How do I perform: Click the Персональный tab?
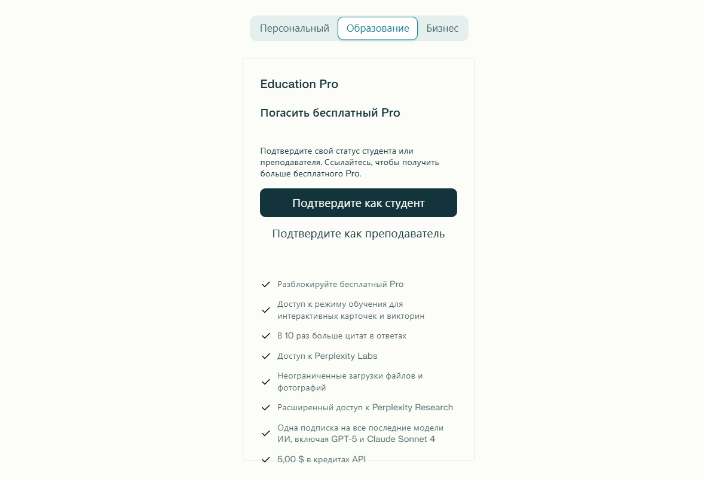click(294, 29)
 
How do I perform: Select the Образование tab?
click(378, 29)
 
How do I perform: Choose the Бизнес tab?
click(442, 29)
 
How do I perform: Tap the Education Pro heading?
click(299, 84)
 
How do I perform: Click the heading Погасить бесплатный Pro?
click(330, 113)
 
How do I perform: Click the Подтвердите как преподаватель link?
click(359, 234)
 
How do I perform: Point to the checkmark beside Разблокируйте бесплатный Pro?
click(266, 285)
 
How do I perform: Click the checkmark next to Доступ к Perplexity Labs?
click(266, 356)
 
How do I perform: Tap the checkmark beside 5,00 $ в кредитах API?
click(266, 460)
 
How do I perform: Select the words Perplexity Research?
click(412, 408)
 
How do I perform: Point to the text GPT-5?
click(338, 440)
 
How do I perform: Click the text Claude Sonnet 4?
click(401, 440)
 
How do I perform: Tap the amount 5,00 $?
click(291, 460)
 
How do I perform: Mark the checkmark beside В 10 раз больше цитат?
click(266, 336)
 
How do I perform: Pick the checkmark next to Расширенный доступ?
click(266, 408)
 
